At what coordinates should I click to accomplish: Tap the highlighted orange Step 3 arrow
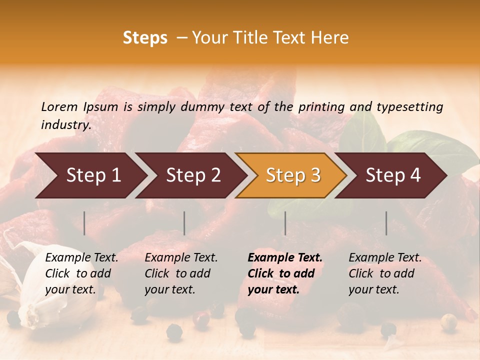click(293, 175)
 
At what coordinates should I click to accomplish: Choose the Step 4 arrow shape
click(393, 175)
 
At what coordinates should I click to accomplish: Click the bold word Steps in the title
click(145, 38)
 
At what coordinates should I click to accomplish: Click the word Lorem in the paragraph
click(59, 106)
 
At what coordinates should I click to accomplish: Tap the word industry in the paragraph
click(64, 125)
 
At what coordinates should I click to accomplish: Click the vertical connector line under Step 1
click(84, 223)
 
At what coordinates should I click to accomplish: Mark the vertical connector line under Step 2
click(184, 223)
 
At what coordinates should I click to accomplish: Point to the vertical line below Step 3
click(285, 223)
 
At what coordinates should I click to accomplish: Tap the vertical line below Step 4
click(386, 223)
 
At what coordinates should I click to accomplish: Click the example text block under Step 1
click(81, 273)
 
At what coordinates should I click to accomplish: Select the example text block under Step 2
click(181, 273)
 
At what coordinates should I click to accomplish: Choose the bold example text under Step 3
click(285, 273)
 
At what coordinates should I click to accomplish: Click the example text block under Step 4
click(385, 273)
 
